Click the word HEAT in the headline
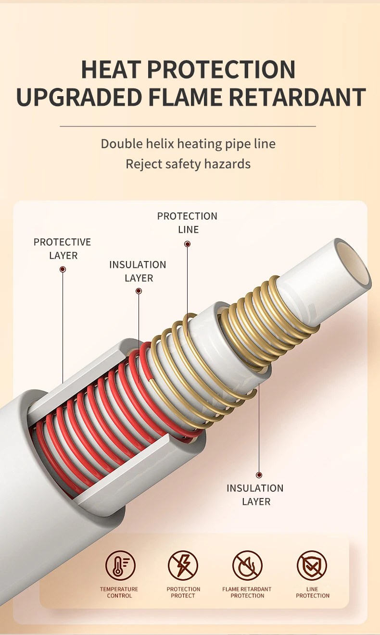111,69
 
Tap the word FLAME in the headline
185,97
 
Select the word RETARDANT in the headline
297,97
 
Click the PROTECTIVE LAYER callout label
63,249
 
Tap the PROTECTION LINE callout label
188,223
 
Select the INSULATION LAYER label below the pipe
255,495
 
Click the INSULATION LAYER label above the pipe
138,271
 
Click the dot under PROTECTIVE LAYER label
63,269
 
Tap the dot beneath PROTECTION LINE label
188,244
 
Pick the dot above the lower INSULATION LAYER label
259,475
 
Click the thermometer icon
120,565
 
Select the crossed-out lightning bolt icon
183,565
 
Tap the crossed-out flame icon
247,565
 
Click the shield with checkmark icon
312,565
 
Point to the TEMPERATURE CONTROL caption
119,592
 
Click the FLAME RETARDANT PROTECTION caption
247,592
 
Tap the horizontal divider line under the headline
188,126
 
